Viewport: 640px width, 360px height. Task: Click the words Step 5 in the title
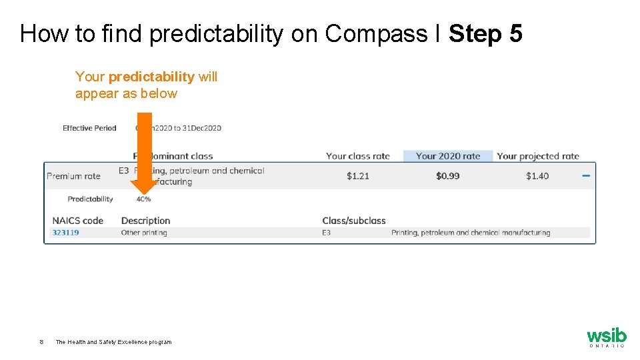(485, 34)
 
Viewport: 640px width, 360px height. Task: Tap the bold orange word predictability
(151, 77)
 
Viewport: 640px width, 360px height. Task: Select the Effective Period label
(89, 128)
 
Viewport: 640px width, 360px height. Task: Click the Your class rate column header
(357, 156)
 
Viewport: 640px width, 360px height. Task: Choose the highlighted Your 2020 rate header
(448, 156)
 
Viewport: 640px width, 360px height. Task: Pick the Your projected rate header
(538, 156)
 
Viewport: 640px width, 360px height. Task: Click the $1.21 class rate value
(358, 176)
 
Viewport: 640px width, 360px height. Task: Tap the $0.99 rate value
(448, 176)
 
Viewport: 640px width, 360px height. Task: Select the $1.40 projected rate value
(537, 176)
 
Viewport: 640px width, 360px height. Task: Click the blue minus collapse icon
(586, 175)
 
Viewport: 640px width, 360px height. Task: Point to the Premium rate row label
(73, 176)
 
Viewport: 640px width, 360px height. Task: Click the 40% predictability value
(143, 199)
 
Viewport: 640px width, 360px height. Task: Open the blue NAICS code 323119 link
(65, 233)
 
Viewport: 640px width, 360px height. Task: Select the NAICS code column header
(77, 221)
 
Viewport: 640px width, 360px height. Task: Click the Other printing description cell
(144, 233)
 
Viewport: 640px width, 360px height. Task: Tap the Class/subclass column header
(354, 221)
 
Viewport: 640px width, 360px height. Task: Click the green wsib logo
(606, 336)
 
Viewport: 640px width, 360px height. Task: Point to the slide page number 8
(41, 342)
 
